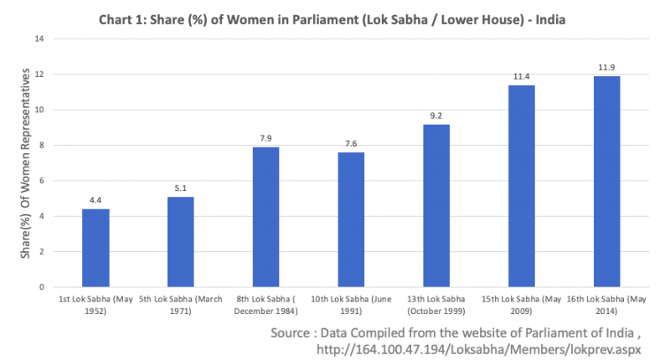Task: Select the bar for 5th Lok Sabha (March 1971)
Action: pos(180,242)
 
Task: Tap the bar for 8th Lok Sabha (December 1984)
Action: pos(265,217)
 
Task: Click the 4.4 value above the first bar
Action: pos(95,201)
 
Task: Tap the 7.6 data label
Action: pos(351,144)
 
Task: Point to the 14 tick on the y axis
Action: pos(39,39)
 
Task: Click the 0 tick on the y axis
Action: pos(41,287)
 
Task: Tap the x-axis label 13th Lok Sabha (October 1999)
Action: pos(436,303)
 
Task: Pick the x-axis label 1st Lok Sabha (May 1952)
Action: pos(95,303)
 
